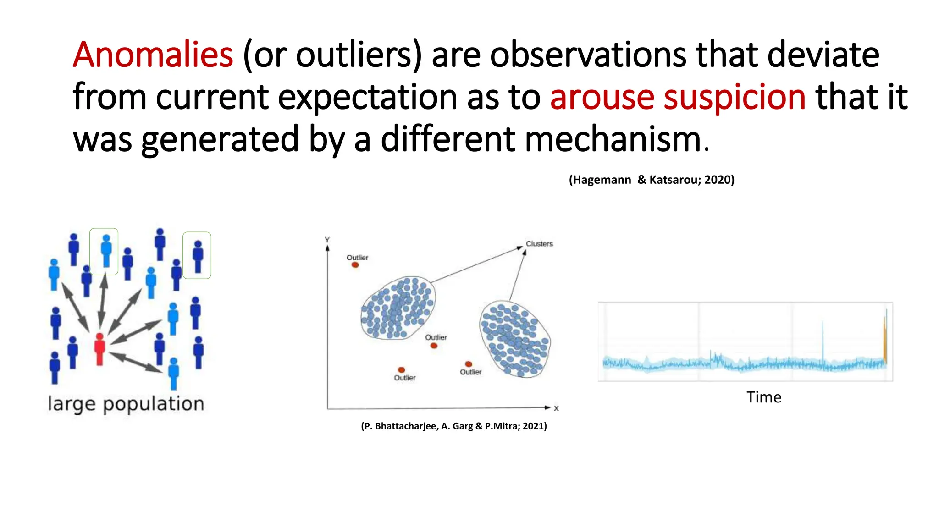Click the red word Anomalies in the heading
pyautogui.click(x=153, y=55)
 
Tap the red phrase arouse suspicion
pyautogui.click(x=677, y=97)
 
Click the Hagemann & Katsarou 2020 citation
pyautogui.click(x=651, y=180)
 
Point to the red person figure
pyautogui.click(x=99, y=349)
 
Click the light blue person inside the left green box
pyautogui.click(x=106, y=251)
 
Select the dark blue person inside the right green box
pyautogui.click(x=198, y=256)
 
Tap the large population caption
pyautogui.click(x=126, y=404)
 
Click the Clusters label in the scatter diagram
pyautogui.click(x=539, y=244)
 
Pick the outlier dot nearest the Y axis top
pyautogui.click(x=355, y=265)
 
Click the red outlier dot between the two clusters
pyautogui.click(x=434, y=345)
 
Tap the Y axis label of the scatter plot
pyautogui.click(x=327, y=240)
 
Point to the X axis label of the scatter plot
pyautogui.click(x=556, y=408)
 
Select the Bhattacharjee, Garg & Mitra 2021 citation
pyautogui.click(x=454, y=426)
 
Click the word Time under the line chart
pyautogui.click(x=763, y=397)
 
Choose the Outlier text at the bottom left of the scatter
pyautogui.click(x=404, y=378)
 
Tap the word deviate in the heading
pyautogui.click(x=823, y=55)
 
